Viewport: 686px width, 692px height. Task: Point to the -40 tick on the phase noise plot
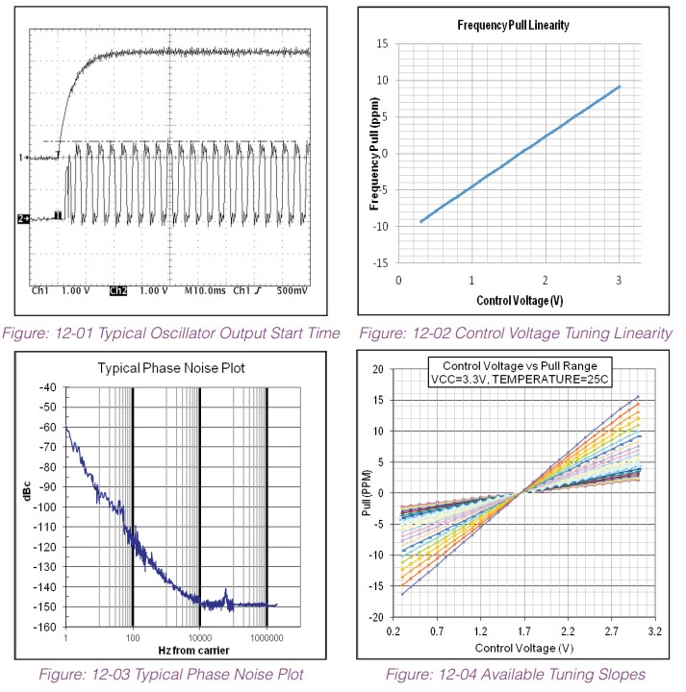pos(43,387)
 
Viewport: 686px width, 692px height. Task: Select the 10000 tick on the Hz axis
pos(200,637)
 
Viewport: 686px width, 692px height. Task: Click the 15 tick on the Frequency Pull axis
pos(382,43)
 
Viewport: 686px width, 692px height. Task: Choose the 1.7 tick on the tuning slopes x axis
pos(521,631)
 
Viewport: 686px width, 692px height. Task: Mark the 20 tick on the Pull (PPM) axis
pos(377,369)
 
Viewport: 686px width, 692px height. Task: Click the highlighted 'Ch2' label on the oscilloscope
pos(117,290)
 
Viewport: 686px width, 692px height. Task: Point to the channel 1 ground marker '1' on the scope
pos(20,157)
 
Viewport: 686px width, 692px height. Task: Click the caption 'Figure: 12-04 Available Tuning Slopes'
pos(518,675)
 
